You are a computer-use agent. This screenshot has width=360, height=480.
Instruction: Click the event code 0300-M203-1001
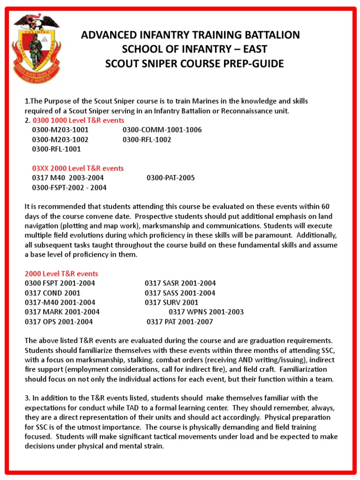pos(60,130)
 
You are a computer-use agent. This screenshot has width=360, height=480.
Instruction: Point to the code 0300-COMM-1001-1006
pos(162,130)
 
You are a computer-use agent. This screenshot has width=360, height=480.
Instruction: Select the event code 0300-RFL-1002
pos(147,140)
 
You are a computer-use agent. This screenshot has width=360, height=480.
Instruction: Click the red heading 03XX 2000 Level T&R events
pos(78,168)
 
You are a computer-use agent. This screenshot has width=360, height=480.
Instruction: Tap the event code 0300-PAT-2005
pos(171,178)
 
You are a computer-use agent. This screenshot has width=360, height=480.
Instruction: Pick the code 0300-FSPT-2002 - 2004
pos(69,187)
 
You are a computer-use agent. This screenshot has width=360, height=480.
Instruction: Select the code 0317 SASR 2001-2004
pos(180,283)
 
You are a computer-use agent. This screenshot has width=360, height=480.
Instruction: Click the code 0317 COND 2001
pos(52,293)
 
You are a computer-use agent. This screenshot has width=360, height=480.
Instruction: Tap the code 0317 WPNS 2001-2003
pos(206,312)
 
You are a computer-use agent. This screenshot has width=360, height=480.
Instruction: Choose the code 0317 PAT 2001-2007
pos(180,322)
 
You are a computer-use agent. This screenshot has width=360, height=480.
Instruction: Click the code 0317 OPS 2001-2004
pos(59,322)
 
